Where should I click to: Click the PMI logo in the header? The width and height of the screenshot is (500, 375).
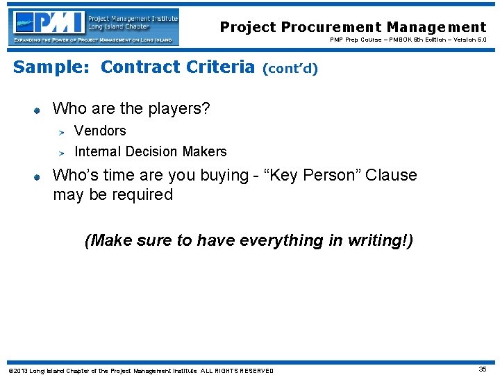[x=95, y=27]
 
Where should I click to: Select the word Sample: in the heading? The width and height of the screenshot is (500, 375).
[x=53, y=67]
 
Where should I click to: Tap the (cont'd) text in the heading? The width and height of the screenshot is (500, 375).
[x=290, y=69]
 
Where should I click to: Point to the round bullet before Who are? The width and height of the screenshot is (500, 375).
[x=38, y=109]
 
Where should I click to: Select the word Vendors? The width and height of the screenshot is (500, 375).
[x=100, y=131]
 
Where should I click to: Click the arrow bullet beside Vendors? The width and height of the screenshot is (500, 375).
[x=61, y=131]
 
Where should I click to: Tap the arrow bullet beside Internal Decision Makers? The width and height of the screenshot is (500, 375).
[x=61, y=152]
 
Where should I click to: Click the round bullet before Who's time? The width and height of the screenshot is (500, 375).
[x=38, y=176]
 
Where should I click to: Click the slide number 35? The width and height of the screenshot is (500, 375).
[x=483, y=369]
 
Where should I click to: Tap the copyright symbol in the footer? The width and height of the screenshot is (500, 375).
[x=10, y=371]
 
